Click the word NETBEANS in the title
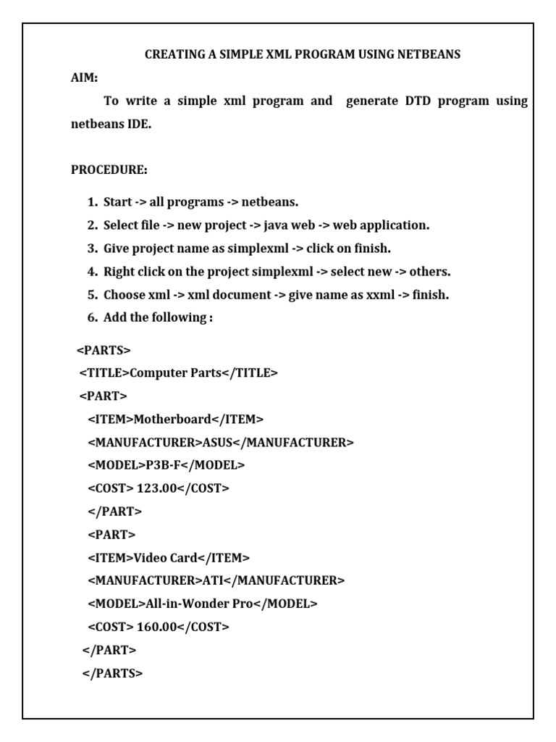click(x=426, y=54)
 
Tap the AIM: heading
click(x=84, y=78)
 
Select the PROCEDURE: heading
click(x=109, y=170)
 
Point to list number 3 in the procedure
click(x=92, y=249)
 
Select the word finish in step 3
click(x=370, y=249)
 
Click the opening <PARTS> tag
click(x=104, y=351)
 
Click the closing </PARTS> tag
click(x=112, y=673)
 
